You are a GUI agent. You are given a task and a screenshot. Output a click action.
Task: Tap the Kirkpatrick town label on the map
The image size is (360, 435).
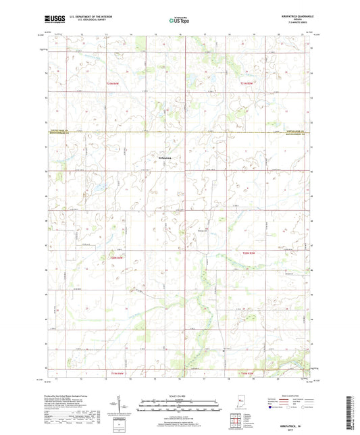(x=165, y=158)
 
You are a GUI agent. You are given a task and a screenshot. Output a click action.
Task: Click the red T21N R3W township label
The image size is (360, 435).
(x=249, y=83)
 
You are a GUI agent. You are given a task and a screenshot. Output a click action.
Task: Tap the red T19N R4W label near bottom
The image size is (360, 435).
(x=118, y=373)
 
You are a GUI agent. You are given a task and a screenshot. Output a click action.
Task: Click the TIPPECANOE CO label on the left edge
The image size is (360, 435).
(x=61, y=130)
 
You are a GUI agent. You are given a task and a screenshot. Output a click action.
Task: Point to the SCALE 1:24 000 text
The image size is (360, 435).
(x=179, y=396)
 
